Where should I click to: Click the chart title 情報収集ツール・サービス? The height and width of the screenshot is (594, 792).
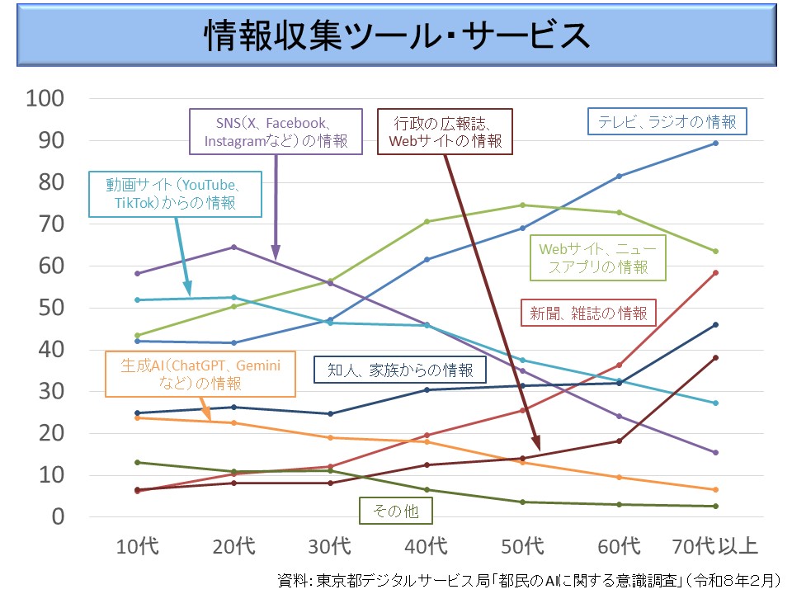click(x=395, y=36)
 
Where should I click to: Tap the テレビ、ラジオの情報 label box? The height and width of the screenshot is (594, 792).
click(x=667, y=121)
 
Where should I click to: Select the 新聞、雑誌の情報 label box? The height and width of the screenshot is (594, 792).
click(x=588, y=313)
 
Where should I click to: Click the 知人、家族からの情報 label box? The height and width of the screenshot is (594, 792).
click(x=396, y=370)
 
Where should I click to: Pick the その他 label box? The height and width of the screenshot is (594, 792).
click(x=395, y=511)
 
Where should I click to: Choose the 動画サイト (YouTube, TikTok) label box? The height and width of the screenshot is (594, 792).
click(x=176, y=192)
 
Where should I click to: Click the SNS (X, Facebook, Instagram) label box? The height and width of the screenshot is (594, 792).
click(x=276, y=131)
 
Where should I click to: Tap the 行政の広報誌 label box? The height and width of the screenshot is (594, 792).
click(x=445, y=131)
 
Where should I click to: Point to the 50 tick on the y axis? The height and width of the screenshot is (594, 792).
click(x=50, y=308)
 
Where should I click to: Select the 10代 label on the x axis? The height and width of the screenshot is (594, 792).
click(x=138, y=545)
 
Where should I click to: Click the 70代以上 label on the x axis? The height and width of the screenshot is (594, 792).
click(x=714, y=545)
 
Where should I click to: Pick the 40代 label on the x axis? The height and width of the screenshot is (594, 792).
click(x=427, y=545)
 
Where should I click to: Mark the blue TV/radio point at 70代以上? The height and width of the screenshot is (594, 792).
click(x=715, y=144)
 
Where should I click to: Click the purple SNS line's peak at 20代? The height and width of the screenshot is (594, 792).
click(x=234, y=247)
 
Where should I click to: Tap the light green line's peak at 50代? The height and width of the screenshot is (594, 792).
click(x=522, y=205)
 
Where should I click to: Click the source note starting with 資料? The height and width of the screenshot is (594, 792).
click(x=529, y=579)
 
